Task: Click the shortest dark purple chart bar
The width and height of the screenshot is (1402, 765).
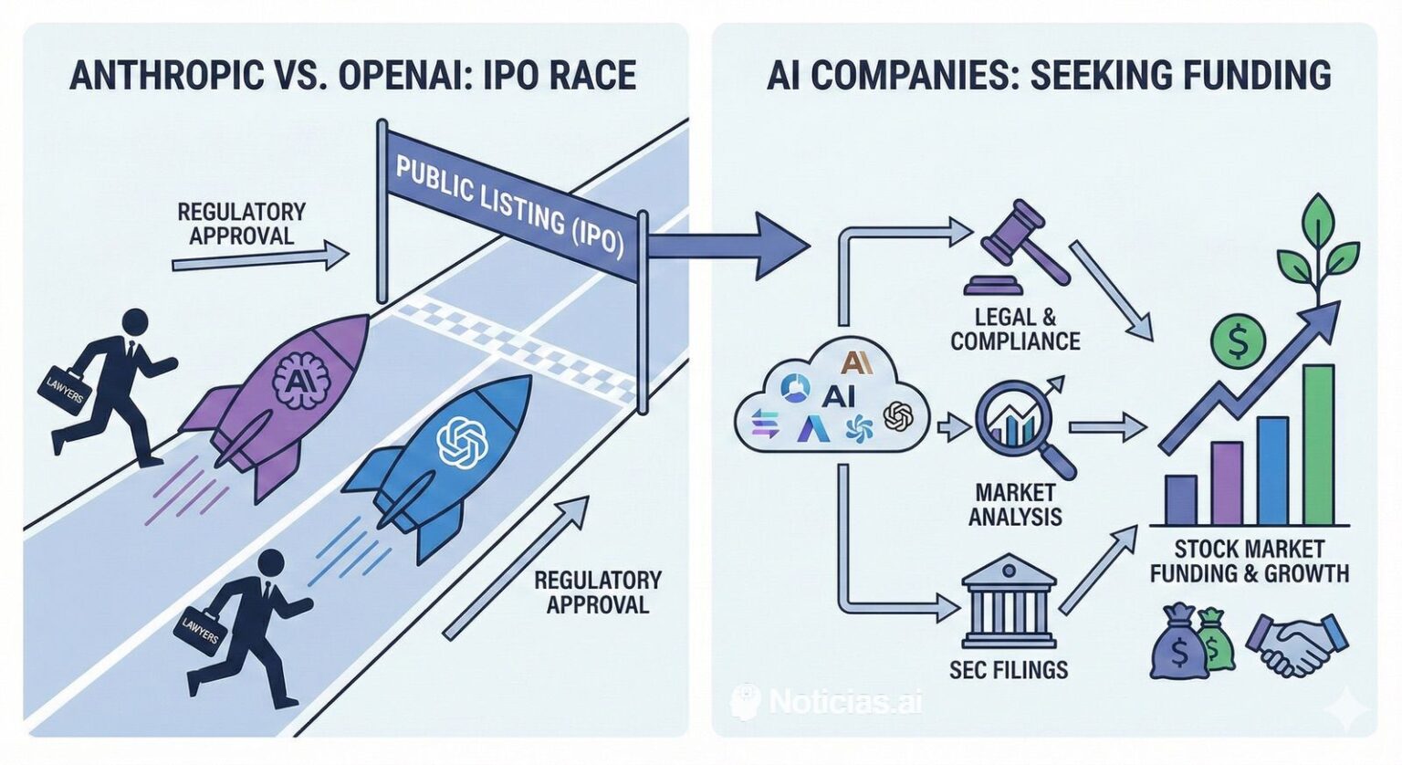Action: click(1181, 499)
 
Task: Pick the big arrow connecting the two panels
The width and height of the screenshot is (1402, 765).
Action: click(730, 246)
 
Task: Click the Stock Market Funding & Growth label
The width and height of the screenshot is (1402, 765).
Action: click(1249, 561)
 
